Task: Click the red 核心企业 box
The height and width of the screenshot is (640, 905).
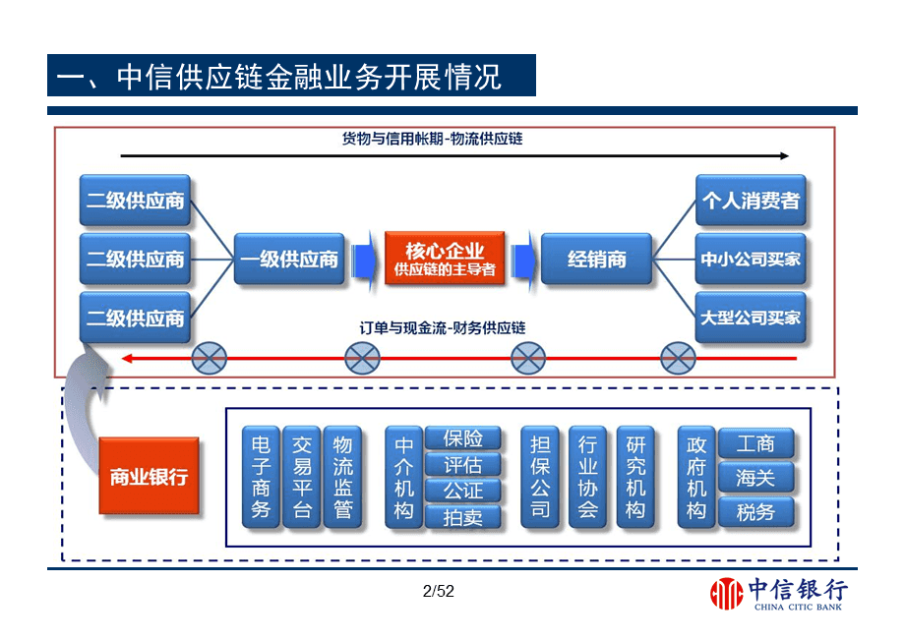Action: (446, 259)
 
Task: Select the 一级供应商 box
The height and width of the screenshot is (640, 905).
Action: (289, 260)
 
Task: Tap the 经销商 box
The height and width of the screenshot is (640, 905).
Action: (596, 260)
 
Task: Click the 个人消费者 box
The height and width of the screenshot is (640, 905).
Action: (751, 202)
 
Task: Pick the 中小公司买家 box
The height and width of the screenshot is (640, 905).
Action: (751, 260)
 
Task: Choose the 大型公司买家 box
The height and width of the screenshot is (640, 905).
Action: (751, 318)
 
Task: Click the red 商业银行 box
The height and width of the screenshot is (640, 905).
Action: (149, 476)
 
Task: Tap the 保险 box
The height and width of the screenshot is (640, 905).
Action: (462, 438)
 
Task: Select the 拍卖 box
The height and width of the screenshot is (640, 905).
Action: (462, 516)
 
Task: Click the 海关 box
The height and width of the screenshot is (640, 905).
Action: (755, 478)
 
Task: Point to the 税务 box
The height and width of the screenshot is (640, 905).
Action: (755, 512)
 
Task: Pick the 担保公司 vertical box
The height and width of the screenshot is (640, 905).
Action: (540, 477)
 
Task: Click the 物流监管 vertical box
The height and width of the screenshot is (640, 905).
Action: (342, 477)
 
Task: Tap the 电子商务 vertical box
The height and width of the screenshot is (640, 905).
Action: (261, 477)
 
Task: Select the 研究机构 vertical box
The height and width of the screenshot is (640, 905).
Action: (635, 477)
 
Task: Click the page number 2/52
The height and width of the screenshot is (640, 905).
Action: (438, 591)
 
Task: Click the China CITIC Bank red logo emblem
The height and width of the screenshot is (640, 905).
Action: (727, 593)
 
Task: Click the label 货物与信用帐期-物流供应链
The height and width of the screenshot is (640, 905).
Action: (432, 139)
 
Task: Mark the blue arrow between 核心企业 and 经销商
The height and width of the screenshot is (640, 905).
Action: (523, 259)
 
